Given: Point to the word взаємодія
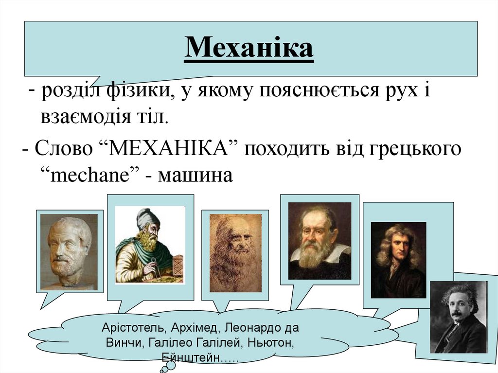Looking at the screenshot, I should [83, 117].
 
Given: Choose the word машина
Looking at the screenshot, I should [199, 175].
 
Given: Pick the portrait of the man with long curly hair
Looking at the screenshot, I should [398, 260].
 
